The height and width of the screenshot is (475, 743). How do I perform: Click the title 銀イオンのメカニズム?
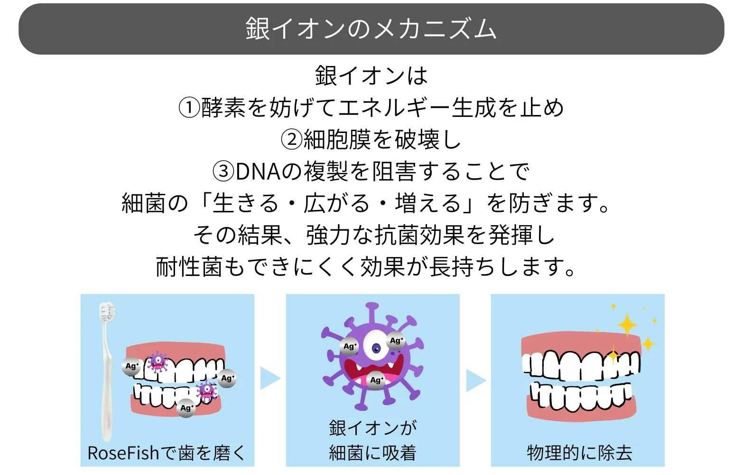coord(371,29)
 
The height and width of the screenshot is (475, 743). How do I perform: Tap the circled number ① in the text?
coord(189,108)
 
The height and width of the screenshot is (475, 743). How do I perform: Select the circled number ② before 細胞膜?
coord(291,140)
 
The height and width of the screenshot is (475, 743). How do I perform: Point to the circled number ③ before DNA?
coord(223,171)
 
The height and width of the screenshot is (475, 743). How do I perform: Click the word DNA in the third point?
coord(258,172)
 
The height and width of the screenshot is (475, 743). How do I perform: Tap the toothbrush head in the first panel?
coord(107,311)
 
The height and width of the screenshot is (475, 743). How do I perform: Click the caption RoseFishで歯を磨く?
coord(167,453)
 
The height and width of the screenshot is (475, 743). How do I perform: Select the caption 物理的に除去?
coord(579,453)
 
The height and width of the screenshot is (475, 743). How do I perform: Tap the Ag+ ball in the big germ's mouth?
coord(376,380)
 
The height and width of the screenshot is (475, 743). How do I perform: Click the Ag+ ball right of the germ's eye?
coord(396,341)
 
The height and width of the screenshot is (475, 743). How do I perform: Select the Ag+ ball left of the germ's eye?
coord(349,346)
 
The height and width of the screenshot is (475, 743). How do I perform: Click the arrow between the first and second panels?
coord(269,378)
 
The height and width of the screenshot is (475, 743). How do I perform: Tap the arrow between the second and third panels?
coord(476,380)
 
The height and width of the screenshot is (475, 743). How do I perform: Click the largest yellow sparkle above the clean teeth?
coord(627,324)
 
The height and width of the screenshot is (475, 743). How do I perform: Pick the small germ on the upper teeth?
coord(157,362)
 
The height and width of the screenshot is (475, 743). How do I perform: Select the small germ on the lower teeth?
coord(206,391)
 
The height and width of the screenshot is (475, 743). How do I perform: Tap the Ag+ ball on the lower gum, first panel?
coord(186,408)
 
